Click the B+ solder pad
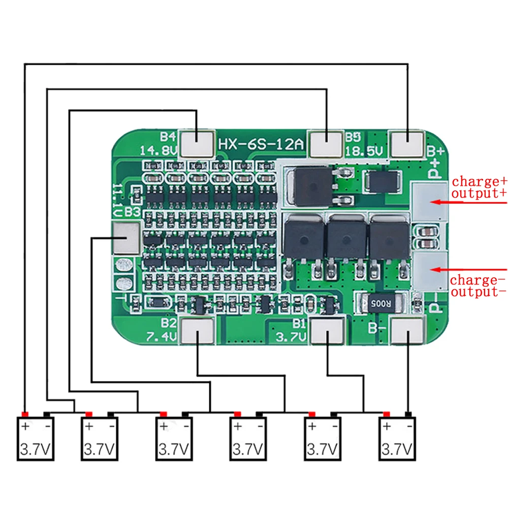tap(406, 143)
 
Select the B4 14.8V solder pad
tap(197, 143)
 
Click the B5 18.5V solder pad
tap(326, 143)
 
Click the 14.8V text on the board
tap(159, 150)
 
